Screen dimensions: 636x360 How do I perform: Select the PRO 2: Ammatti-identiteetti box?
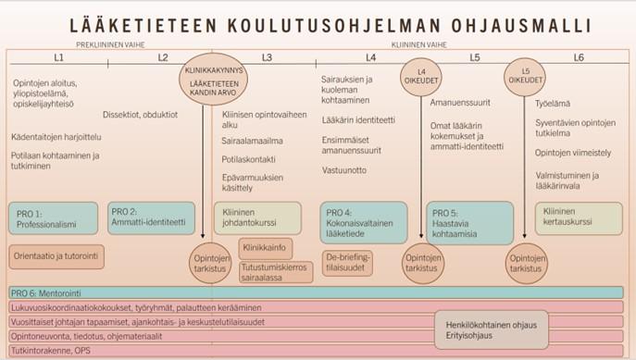pos(146,217)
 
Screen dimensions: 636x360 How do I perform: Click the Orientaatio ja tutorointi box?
pos(51,254)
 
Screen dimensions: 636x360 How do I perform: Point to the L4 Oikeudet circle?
pos(420,78)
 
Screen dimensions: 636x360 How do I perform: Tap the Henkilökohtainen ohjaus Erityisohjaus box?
pos(491,329)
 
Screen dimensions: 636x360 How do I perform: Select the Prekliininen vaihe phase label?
pos(103,43)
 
